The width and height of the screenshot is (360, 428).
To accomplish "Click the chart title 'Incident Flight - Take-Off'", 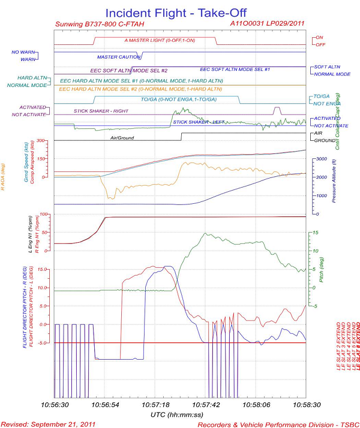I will click(x=179, y=12).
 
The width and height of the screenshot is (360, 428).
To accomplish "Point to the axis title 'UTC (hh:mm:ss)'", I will click(x=179, y=414).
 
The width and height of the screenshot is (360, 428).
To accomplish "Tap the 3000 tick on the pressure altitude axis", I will click(x=322, y=159).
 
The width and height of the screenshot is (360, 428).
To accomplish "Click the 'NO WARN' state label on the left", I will click(x=23, y=52).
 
